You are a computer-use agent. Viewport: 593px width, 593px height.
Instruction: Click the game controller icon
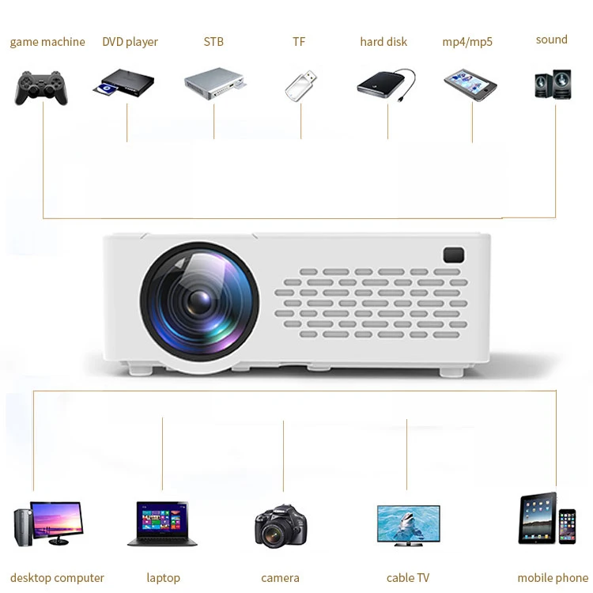tap(41, 87)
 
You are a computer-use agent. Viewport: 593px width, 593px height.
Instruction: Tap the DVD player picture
tap(127, 84)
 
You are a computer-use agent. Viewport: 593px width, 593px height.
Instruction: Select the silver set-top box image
tap(213, 82)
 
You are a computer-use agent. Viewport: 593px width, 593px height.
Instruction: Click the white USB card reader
tap(302, 85)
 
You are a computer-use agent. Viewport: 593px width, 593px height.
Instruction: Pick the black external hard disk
tap(384, 84)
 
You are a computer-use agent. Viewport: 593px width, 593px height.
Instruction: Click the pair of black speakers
tap(553, 83)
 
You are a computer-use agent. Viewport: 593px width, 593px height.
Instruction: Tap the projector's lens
tap(199, 300)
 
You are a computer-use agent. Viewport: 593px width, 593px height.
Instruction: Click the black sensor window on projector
tap(454, 255)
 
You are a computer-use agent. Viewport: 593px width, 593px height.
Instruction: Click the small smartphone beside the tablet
tap(567, 527)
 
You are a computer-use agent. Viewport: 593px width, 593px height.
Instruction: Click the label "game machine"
tap(47, 42)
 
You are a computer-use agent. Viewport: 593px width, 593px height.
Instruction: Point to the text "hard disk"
tap(383, 42)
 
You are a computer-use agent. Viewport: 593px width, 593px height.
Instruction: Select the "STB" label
tap(213, 42)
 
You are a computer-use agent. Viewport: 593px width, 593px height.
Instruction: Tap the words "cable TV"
tap(408, 578)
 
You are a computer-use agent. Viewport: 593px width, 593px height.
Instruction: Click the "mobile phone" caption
tap(553, 578)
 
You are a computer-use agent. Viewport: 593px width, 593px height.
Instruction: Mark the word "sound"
tap(552, 40)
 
